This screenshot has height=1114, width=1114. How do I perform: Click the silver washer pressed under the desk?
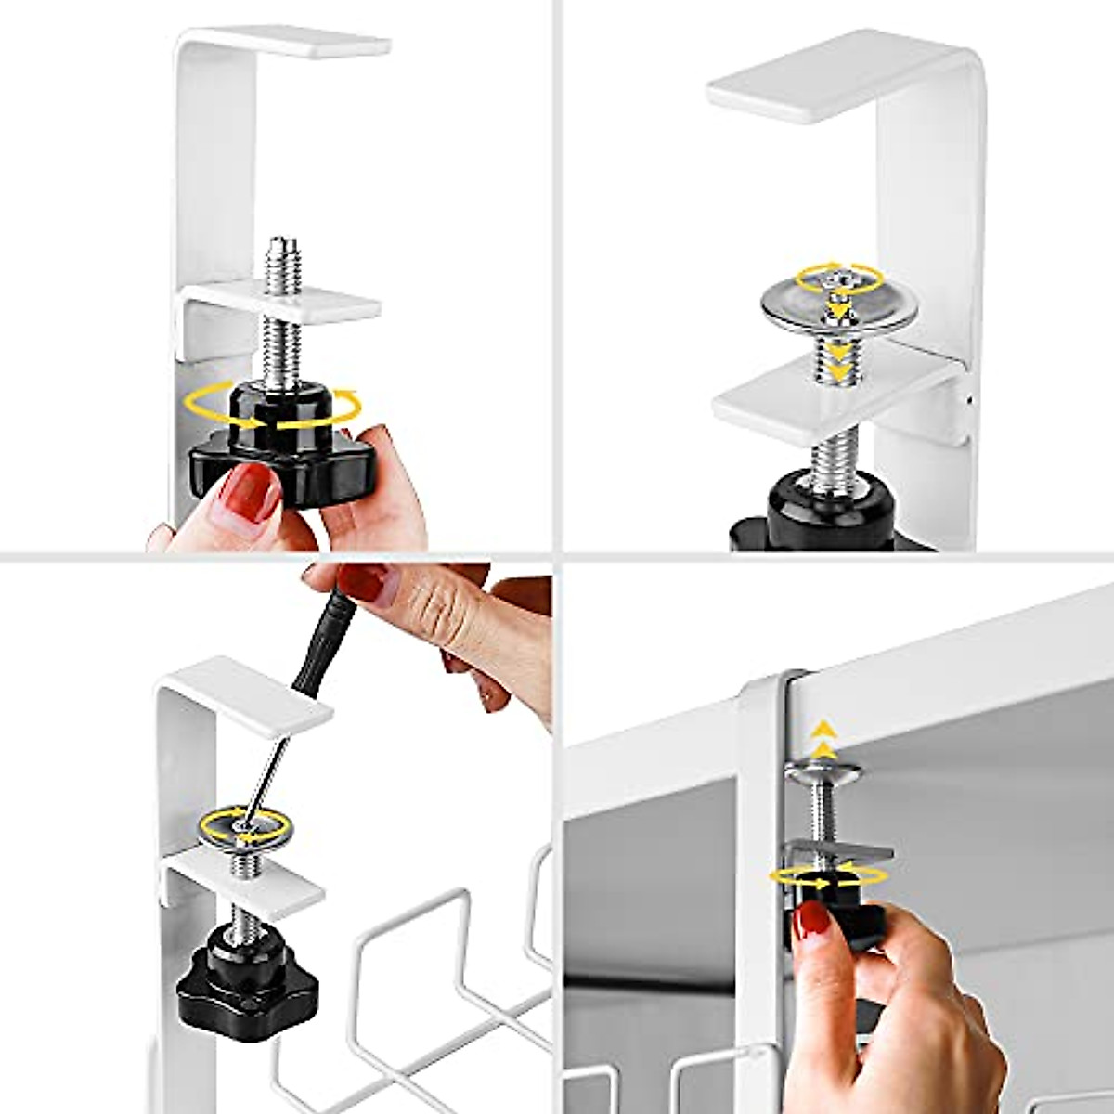pos(823,769)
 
